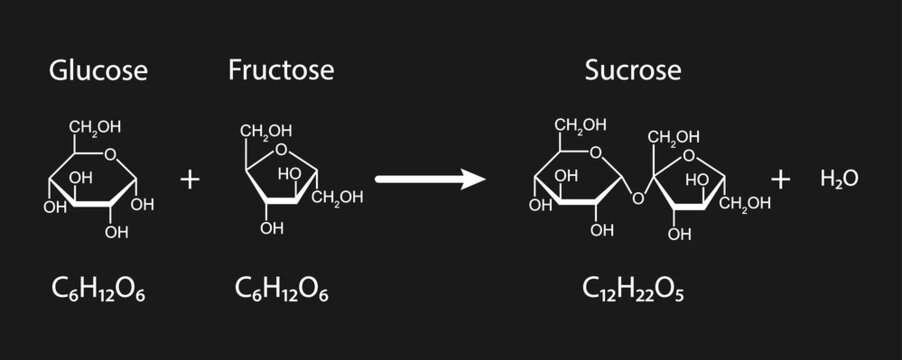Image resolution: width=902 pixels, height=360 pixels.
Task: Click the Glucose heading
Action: [x=99, y=70]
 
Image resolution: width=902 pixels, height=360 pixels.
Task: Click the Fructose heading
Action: [x=281, y=70]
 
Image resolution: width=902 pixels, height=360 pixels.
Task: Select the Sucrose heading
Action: [x=633, y=70]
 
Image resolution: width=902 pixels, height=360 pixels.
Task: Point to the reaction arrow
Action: [x=430, y=179]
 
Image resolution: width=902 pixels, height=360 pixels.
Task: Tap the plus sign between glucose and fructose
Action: [x=190, y=179]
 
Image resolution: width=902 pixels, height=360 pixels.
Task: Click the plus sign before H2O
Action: [x=781, y=179]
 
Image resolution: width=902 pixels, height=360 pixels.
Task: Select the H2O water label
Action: [x=839, y=179]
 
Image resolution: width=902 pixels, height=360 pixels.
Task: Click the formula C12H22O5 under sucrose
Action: [x=633, y=289]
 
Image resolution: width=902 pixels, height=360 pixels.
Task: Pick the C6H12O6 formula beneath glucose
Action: [x=98, y=289]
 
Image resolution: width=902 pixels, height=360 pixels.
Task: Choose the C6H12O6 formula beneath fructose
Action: [x=281, y=289]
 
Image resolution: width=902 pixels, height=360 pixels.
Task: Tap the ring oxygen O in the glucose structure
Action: [x=110, y=154]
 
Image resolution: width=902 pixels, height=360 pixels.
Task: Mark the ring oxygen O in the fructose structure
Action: [x=281, y=152]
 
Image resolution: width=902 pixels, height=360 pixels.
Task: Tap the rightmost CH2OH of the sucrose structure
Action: [x=746, y=205]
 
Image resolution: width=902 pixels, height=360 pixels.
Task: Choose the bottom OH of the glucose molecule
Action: [x=117, y=233]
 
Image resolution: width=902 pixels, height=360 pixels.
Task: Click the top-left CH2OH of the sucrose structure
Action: [x=581, y=125]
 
